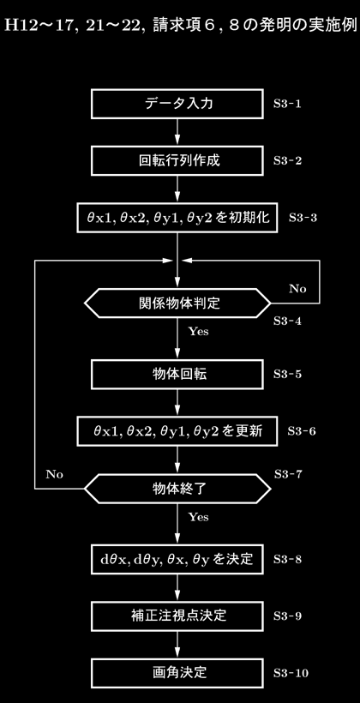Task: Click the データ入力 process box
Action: click(177, 104)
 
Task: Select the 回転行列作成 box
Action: click(177, 160)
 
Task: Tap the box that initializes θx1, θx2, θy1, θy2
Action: click(177, 218)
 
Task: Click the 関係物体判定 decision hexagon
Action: click(177, 303)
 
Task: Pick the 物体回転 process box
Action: click(177, 375)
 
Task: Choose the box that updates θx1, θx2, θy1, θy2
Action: click(177, 431)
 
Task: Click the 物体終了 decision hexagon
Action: click(177, 489)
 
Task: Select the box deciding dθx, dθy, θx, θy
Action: click(177, 559)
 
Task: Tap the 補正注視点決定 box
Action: click(177, 616)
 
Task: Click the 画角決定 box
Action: click(177, 673)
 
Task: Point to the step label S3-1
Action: click(287, 105)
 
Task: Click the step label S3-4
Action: click(287, 321)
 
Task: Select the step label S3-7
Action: click(288, 474)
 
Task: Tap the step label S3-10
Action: click(291, 673)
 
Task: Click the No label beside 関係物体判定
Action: click(297, 289)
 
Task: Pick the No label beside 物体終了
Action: click(54, 474)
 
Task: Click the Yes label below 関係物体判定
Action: click(198, 333)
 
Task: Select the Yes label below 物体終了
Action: click(198, 517)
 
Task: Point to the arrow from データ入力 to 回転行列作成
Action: click(177, 132)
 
